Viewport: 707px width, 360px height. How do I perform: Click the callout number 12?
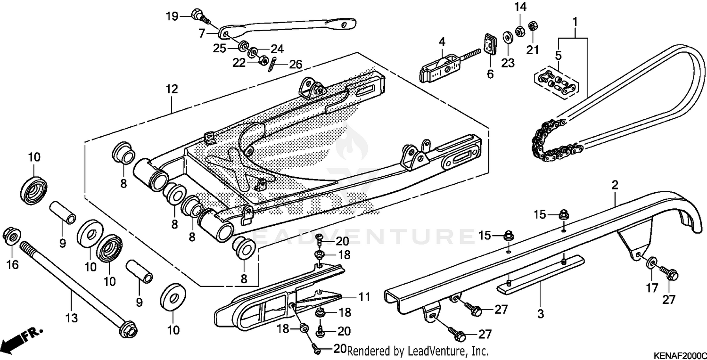point(172,89)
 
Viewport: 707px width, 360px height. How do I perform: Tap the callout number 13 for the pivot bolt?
point(71,319)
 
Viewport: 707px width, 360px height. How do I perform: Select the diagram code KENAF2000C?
point(679,354)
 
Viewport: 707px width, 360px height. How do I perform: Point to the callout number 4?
point(442,42)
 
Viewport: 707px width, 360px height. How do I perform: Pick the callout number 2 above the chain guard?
point(615,185)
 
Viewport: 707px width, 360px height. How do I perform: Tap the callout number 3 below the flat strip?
point(541,313)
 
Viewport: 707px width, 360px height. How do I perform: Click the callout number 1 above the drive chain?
point(575,21)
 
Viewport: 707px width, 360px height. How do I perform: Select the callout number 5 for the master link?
point(559,56)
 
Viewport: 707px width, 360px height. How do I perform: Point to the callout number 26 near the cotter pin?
point(296,64)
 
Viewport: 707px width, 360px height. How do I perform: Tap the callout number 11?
point(364,297)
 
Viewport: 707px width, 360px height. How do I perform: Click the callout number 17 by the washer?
point(651,287)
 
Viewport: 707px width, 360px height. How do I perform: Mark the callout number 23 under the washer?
point(507,64)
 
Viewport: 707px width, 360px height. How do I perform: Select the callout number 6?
point(490,74)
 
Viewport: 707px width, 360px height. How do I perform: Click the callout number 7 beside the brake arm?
point(202,33)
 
